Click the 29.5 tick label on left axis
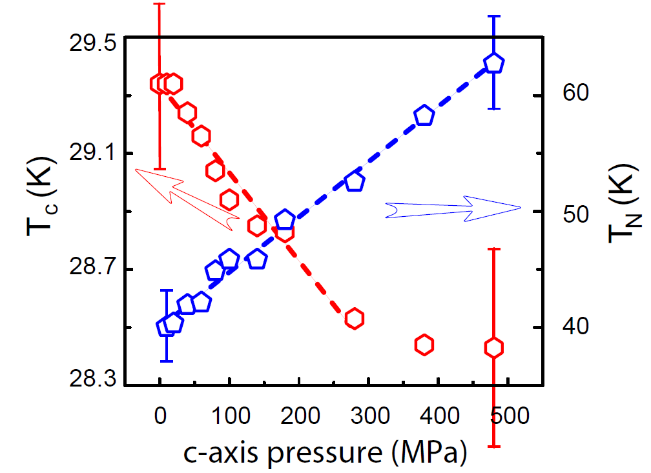click(x=92, y=43)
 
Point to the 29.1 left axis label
click(x=92, y=154)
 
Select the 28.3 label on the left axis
click(x=92, y=379)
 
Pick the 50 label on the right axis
click(x=576, y=214)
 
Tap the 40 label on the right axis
click(x=576, y=326)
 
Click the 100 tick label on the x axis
click(x=231, y=416)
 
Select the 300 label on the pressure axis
click(x=369, y=416)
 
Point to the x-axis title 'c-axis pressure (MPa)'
click(x=325, y=452)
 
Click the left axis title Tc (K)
click(x=41, y=196)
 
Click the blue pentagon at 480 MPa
click(x=493, y=63)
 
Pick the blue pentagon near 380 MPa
click(x=424, y=116)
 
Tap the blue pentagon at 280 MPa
click(x=355, y=181)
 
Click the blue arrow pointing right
click(x=453, y=208)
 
